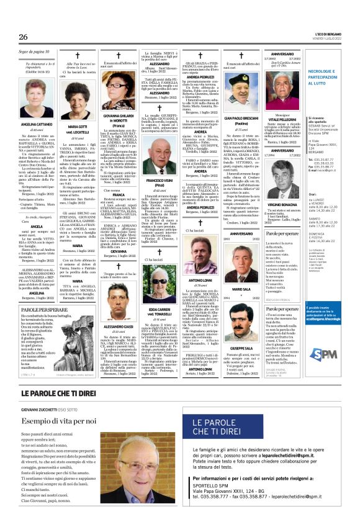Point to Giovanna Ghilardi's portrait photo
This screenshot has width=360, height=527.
[119, 87]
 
